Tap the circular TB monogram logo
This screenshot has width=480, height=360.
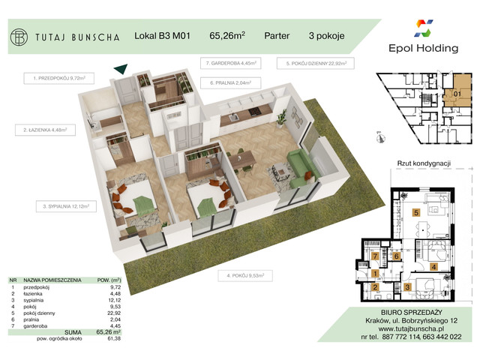[x=21, y=35]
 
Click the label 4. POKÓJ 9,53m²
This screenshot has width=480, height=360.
[x=249, y=276]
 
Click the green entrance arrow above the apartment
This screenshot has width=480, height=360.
[x=118, y=70]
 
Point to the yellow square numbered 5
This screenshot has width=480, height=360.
[x=415, y=213]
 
